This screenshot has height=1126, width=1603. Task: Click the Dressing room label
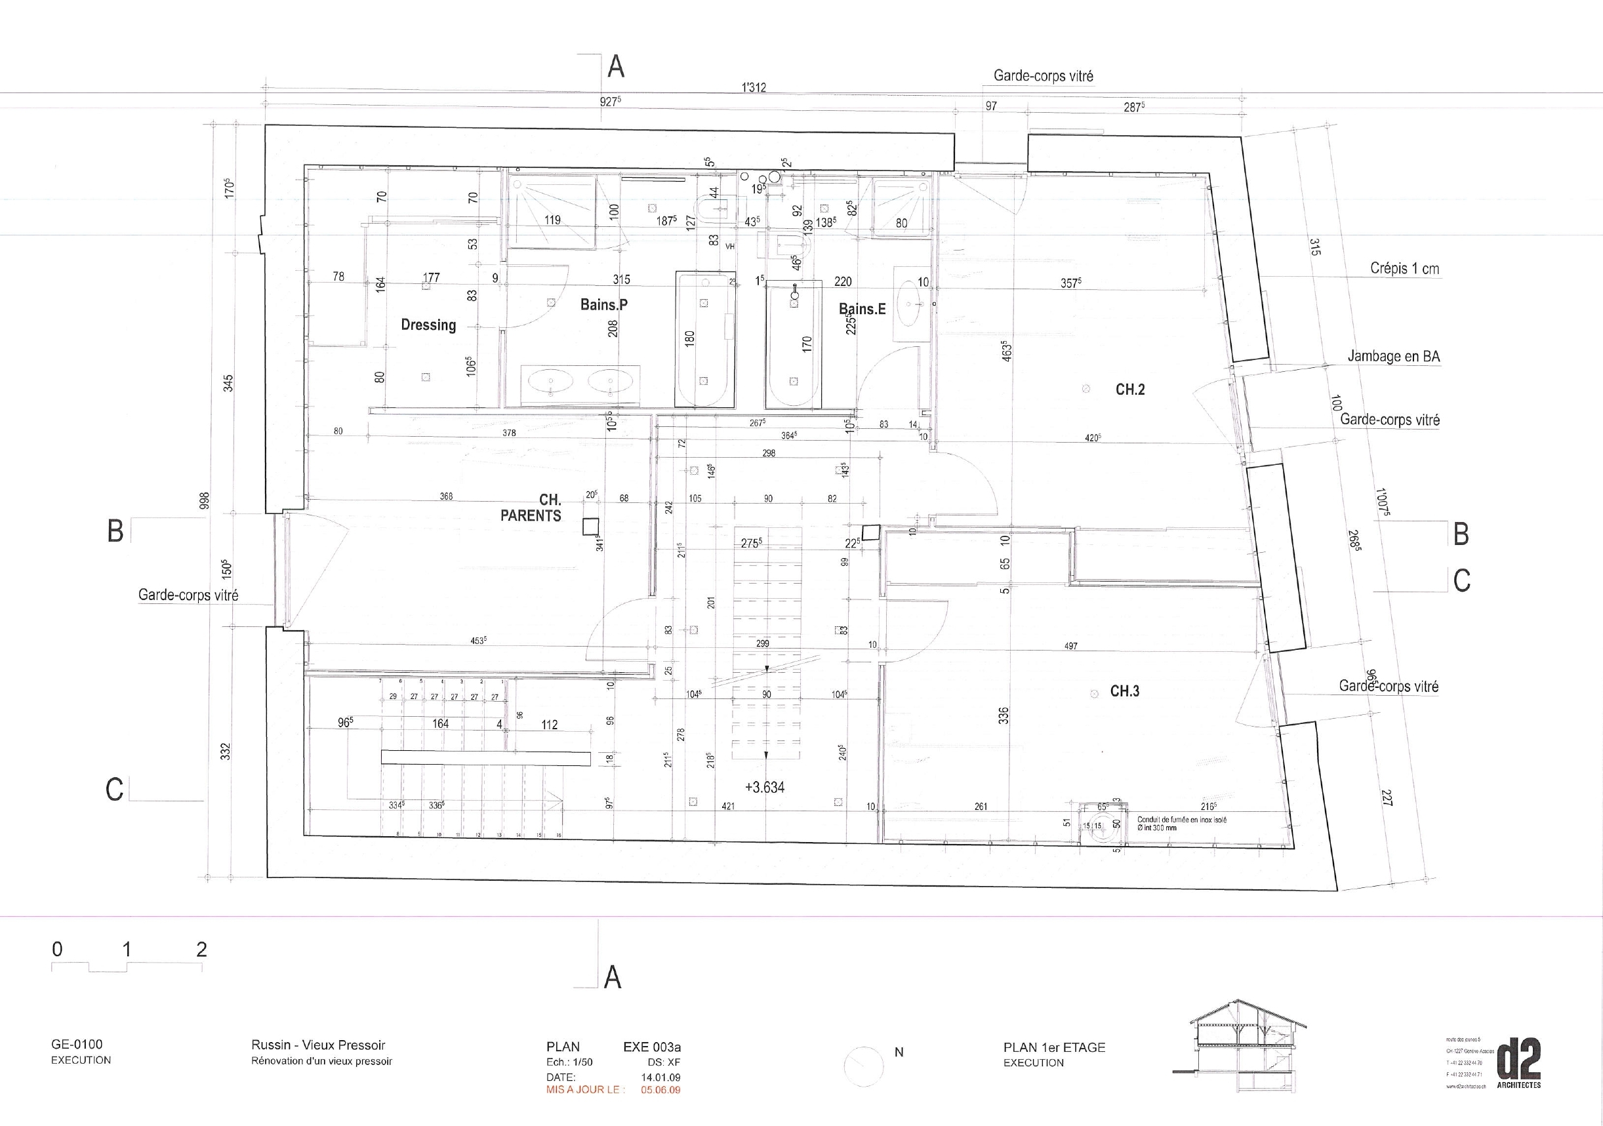click(428, 325)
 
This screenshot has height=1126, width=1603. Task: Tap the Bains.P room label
click(603, 304)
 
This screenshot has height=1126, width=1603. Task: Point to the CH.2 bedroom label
click(1129, 390)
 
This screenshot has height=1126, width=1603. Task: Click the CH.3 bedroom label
click(1125, 691)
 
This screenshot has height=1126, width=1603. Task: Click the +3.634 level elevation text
click(765, 788)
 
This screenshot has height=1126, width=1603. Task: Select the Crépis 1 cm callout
click(1404, 269)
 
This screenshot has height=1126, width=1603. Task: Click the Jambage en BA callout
click(1393, 356)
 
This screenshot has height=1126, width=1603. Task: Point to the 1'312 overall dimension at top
click(754, 87)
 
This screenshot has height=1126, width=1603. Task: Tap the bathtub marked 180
click(704, 339)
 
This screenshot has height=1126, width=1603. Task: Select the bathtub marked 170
click(794, 344)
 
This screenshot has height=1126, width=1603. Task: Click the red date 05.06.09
click(660, 1090)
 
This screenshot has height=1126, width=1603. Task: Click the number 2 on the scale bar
click(201, 950)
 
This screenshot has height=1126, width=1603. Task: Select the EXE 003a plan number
click(651, 1047)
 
